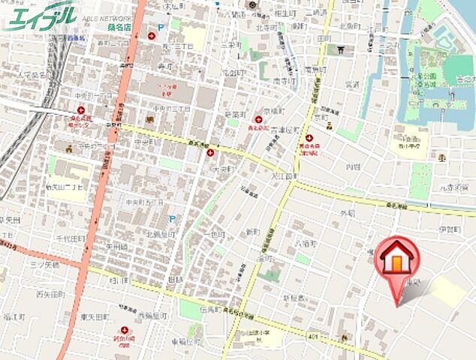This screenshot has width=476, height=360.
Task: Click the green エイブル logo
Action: click(41, 16)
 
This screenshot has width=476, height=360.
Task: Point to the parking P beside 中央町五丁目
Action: click(173, 219)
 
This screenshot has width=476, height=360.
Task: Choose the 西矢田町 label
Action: click(50, 295)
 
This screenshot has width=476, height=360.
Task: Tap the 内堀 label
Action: click(353, 167)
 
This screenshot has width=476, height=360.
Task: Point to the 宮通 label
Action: click(352, 85)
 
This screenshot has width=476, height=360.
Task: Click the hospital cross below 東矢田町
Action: click(123, 330)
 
